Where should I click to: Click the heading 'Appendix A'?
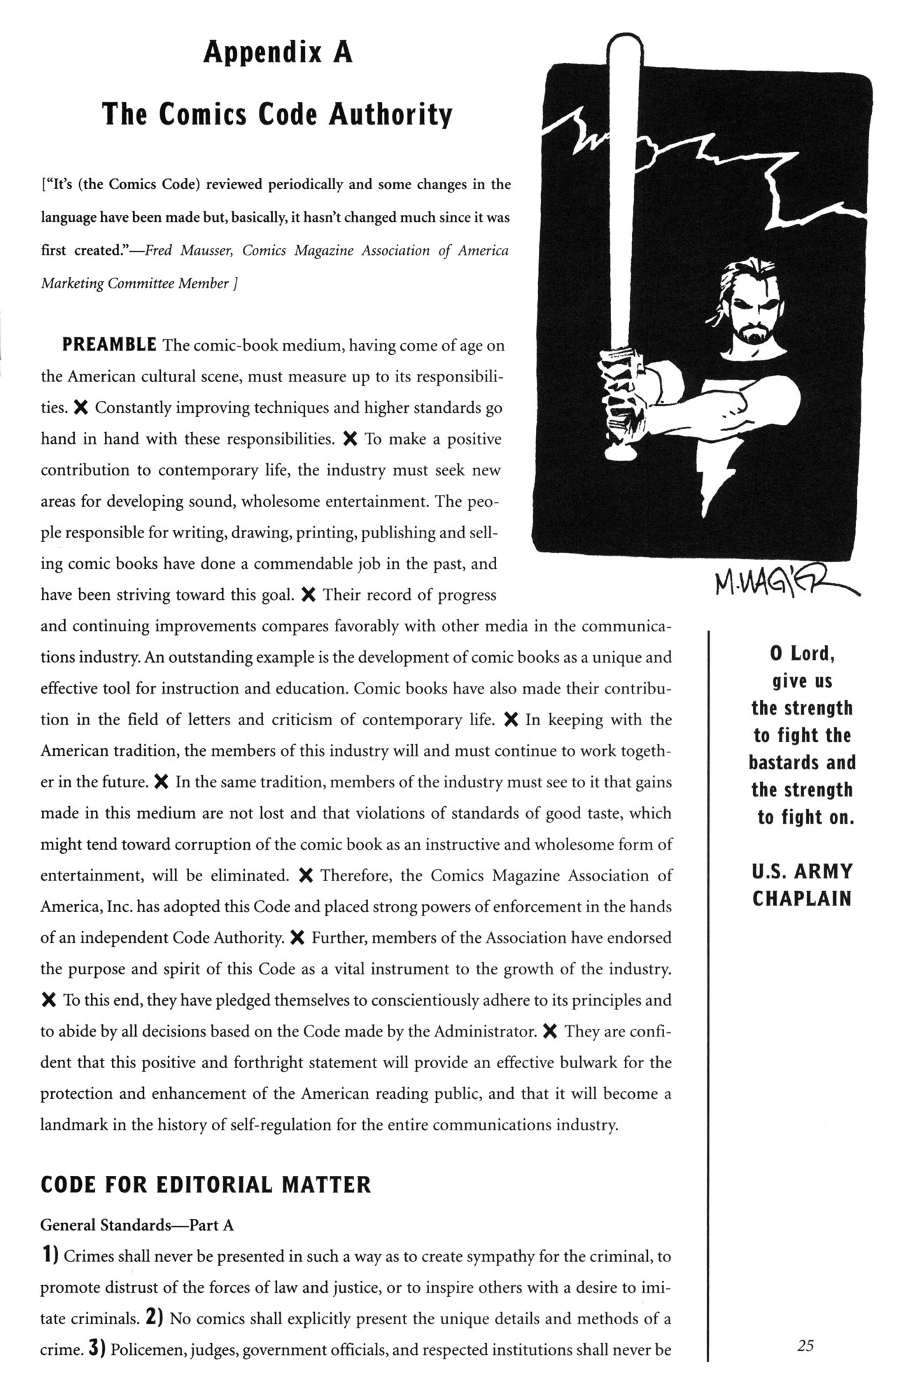278,52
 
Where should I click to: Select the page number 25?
805,1345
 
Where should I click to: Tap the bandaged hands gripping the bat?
617,399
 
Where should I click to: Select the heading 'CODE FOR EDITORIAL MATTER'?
205,1185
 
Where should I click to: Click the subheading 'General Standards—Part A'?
136,1225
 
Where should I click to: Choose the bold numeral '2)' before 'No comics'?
155,1318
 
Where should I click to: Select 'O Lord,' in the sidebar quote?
802,654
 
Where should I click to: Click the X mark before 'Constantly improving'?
80,407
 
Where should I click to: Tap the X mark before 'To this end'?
48,1000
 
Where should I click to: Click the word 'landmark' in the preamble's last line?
73,1125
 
